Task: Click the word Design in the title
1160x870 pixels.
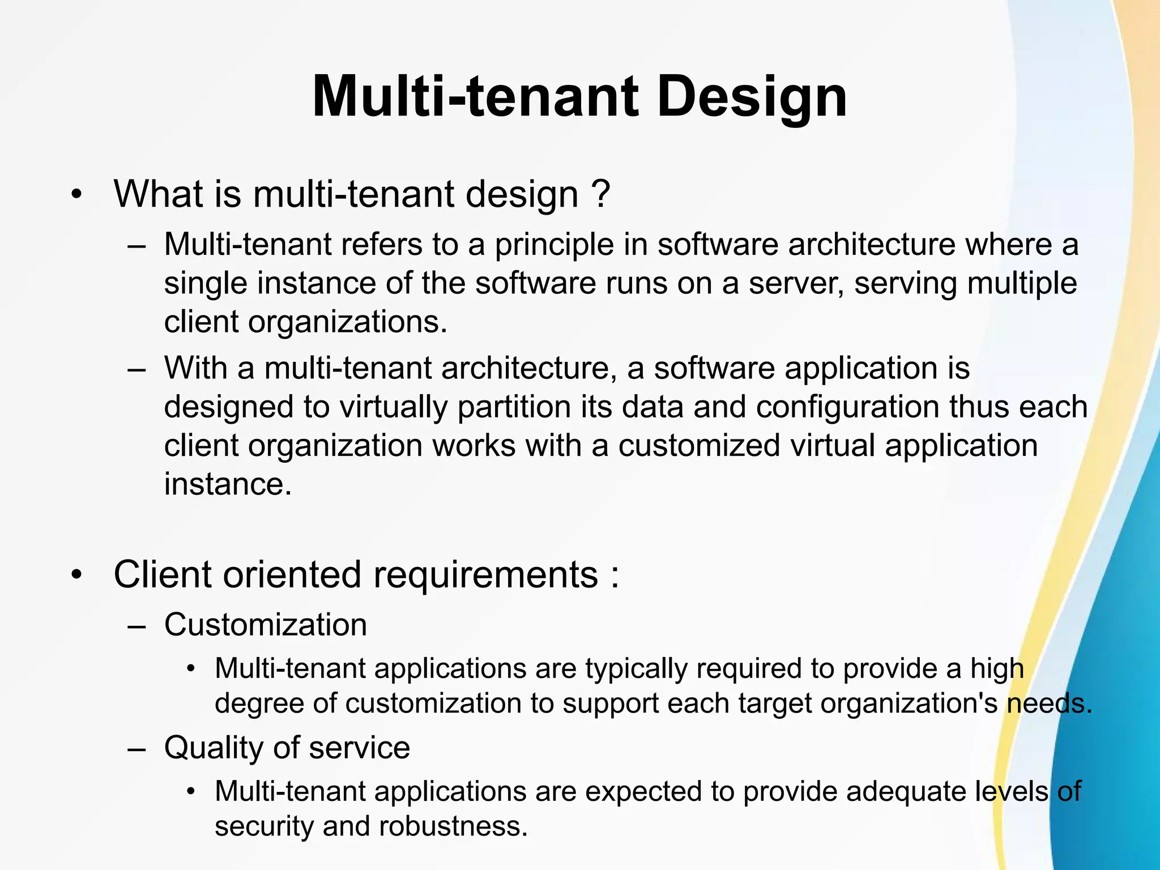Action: [751, 97]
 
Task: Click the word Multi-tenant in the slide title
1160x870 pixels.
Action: [475, 97]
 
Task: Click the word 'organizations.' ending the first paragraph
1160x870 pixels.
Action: [347, 322]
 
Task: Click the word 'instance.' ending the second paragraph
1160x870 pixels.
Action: [228, 484]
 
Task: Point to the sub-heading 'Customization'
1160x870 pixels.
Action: [265, 625]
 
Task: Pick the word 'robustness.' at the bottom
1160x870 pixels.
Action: [453, 826]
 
